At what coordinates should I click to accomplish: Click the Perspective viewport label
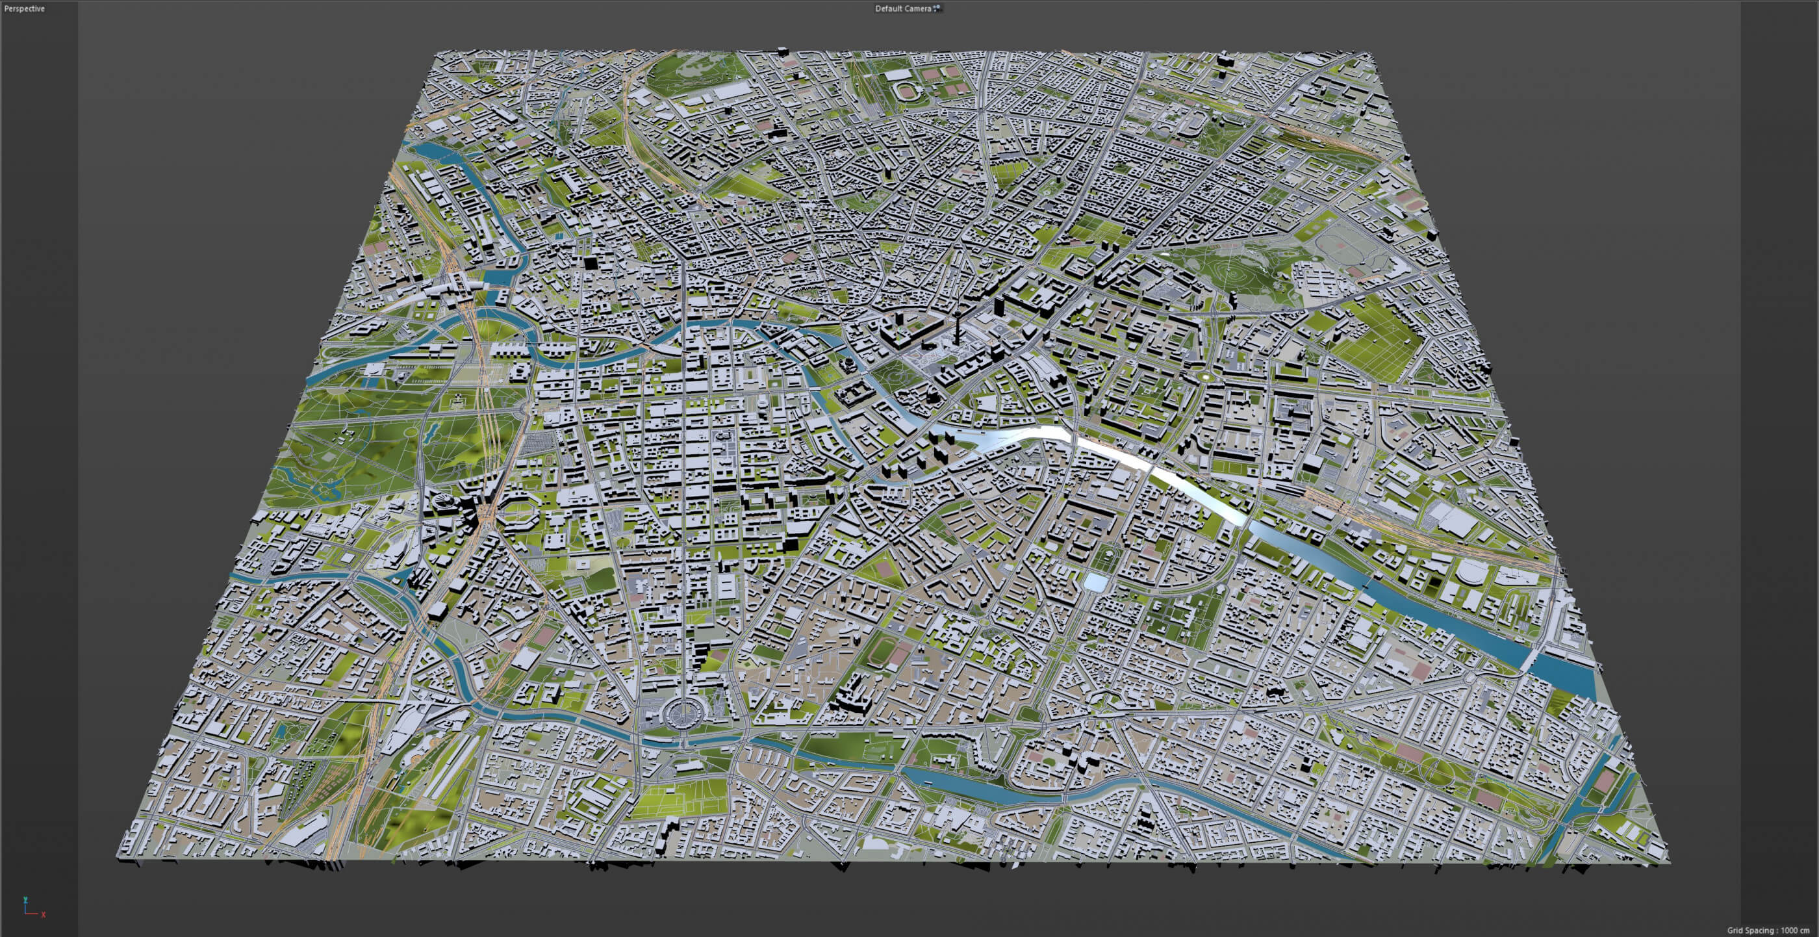25,8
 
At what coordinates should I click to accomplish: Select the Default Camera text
903,8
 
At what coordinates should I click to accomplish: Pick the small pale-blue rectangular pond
1095,582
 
